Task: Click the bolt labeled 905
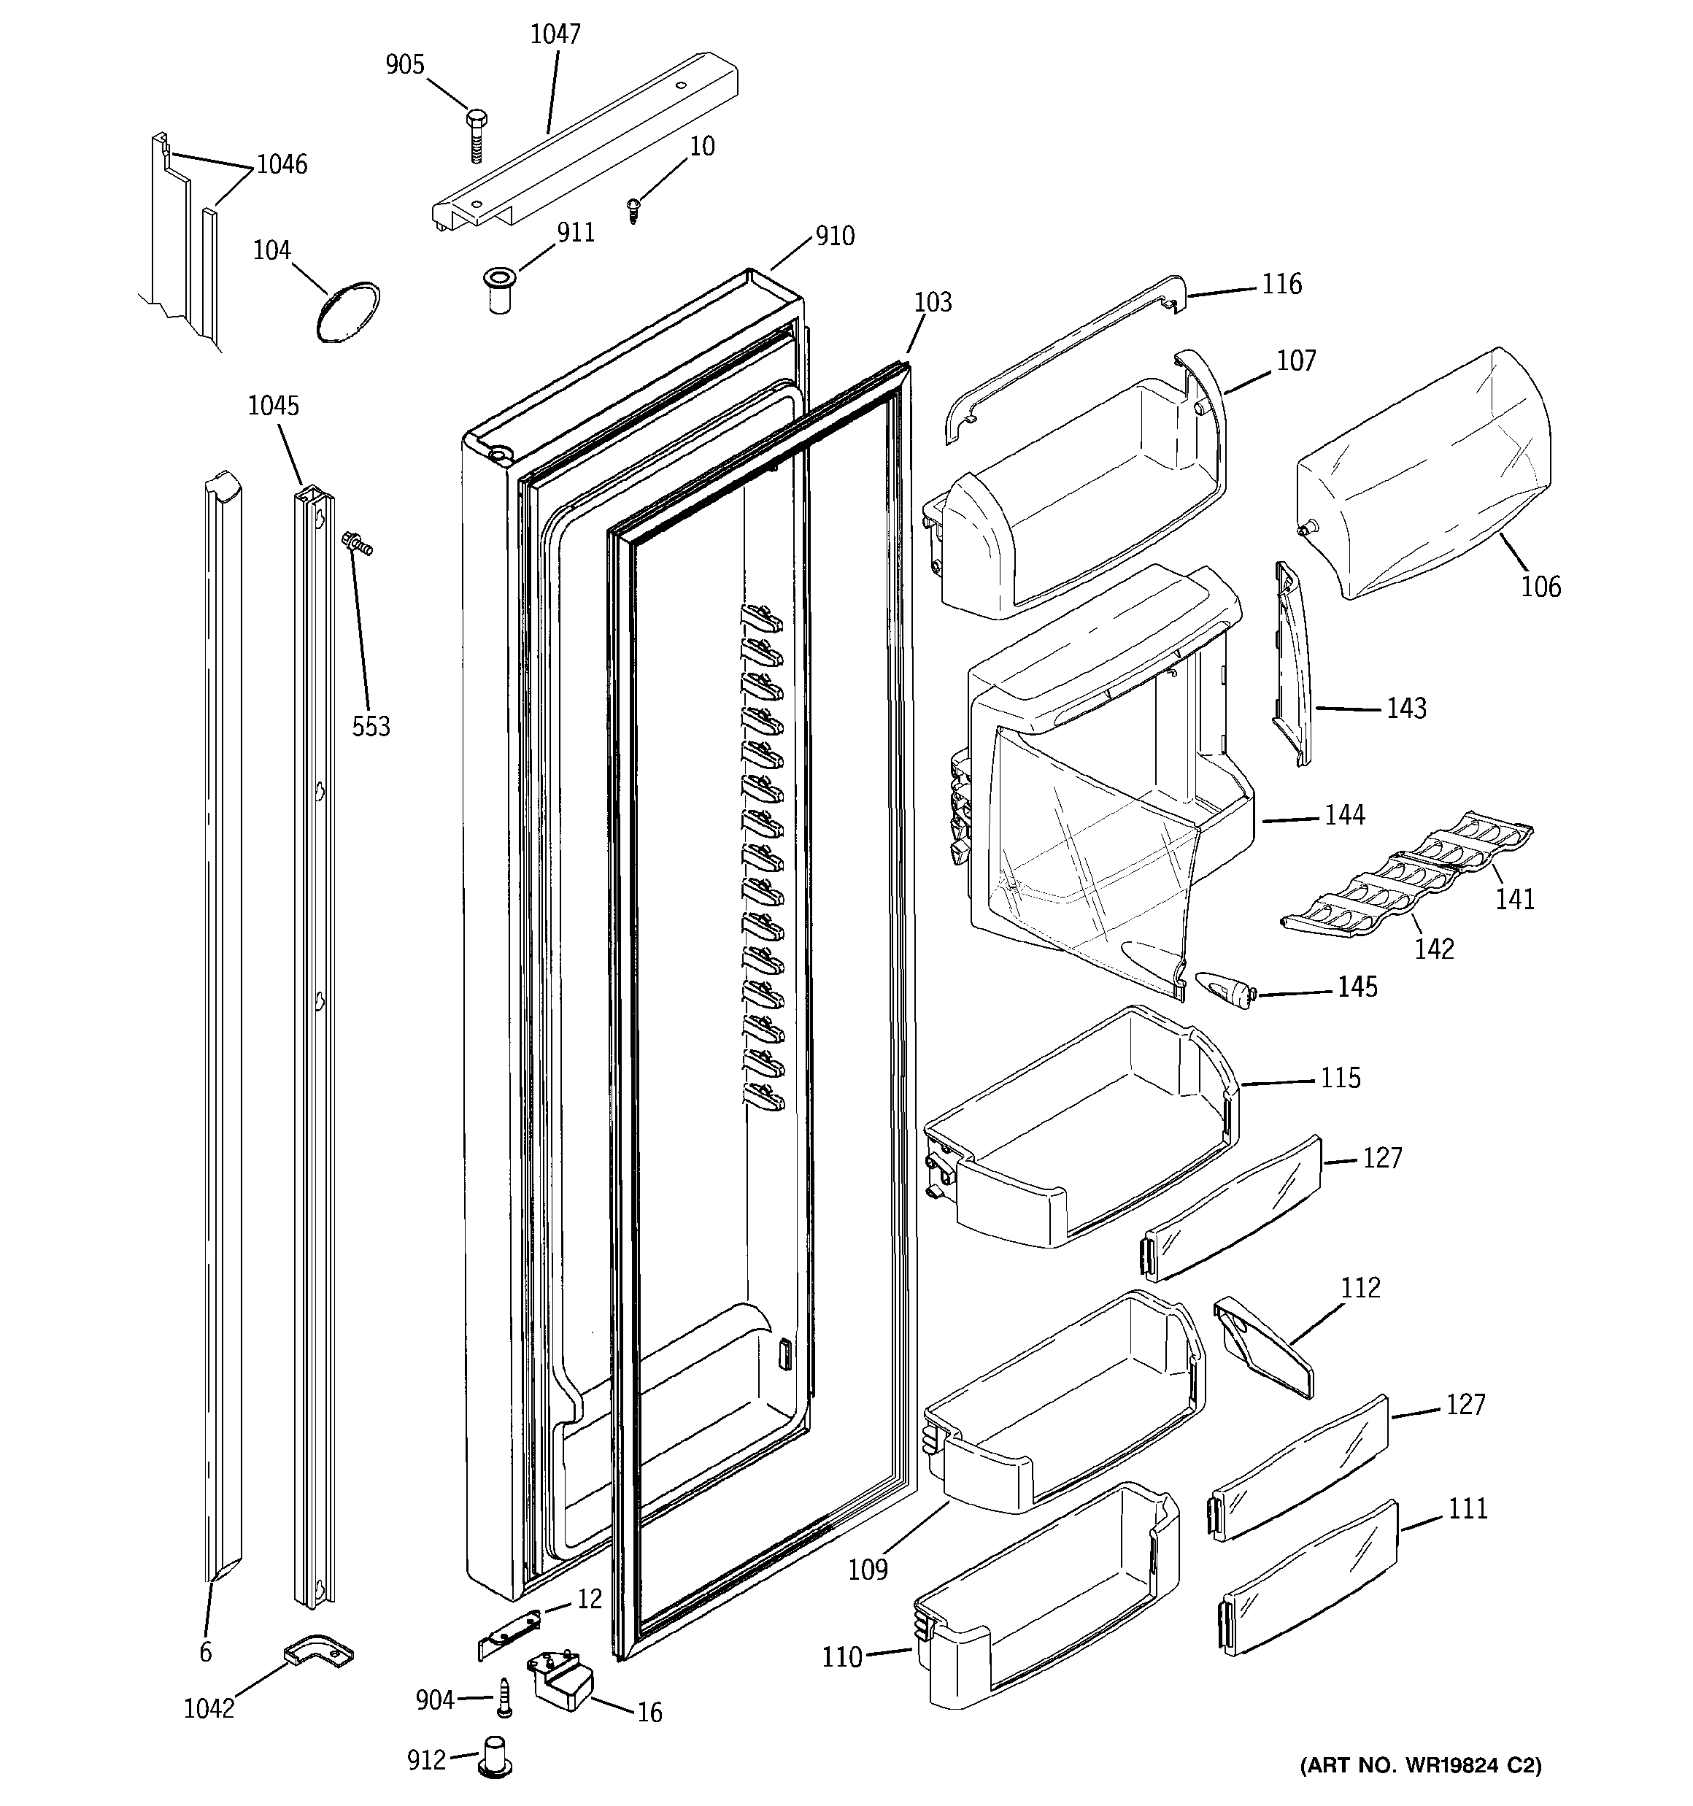tap(475, 134)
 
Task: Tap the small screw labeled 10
tap(634, 211)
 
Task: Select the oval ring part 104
tap(347, 312)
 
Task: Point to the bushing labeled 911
tap(498, 290)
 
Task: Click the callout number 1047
tap(555, 34)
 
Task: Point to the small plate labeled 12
tap(509, 1632)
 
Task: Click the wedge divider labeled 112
tap(1263, 1346)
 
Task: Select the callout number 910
tap(834, 236)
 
